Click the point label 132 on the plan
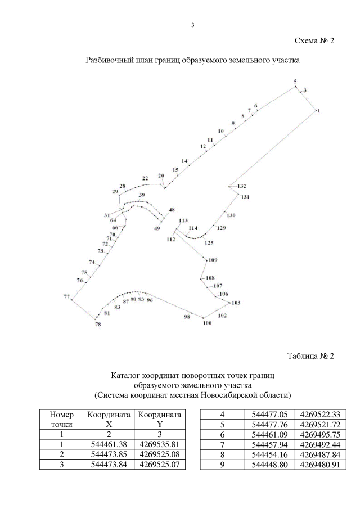pos(242,186)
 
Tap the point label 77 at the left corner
pos(66,296)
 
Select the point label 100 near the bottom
pos(206,323)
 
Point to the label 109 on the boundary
pos(212,260)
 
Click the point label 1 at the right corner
pos(319,111)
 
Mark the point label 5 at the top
pos(295,82)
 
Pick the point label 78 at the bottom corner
pos(98,325)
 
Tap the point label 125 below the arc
pos(209,243)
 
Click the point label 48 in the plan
pos(172,210)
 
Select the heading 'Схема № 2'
pos(314,41)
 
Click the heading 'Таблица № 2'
pos(310,356)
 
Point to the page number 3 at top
pos(192,24)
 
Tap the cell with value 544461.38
pos(106,444)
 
